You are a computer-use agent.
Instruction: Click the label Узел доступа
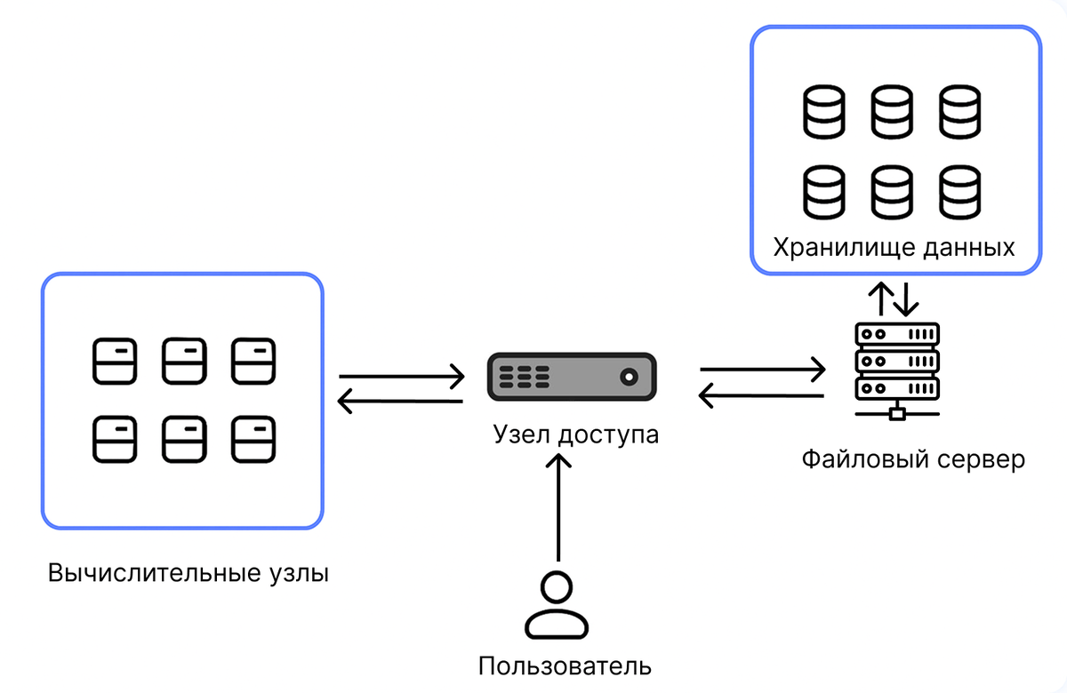pos(576,434)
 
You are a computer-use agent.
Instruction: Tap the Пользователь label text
pos(565,665)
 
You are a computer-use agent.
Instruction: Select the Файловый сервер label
pos(913,460)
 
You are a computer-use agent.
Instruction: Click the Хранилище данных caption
pos(894,248)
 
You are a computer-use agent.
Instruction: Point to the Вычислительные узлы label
pos(189,572)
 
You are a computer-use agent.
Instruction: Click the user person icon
pos(557,604)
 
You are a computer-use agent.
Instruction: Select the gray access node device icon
pos(572,377)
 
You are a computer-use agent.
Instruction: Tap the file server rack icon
pos(897,371)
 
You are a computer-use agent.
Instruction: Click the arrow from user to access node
pos(558,507)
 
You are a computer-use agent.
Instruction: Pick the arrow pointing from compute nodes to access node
pos(402,377)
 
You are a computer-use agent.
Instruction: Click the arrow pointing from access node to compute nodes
pos(400,402)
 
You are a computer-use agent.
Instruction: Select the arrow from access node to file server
pos(763,370)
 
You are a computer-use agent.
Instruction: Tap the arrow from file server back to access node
pos(761,395)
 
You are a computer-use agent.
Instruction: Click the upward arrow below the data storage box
pos(881,299)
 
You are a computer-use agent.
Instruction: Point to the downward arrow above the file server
pos(905,299)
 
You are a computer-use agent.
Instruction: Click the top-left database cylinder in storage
pos(824,112)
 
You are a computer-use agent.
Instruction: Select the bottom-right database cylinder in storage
pos(959,192)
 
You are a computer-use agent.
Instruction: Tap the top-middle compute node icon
pos(184,361)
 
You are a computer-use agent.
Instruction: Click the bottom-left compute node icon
pos(115,439)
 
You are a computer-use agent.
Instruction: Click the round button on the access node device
pos(629,377)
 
